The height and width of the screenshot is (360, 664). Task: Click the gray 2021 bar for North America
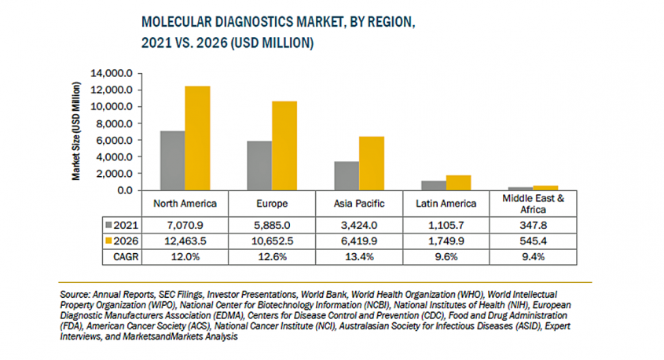173,160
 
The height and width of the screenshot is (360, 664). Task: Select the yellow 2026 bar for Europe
284,145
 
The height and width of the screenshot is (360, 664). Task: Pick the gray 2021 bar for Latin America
434,186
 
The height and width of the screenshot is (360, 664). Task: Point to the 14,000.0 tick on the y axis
116,74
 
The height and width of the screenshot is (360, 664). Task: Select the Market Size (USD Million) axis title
77,130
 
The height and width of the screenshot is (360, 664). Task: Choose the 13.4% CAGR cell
360,255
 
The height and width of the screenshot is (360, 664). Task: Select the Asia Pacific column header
360,204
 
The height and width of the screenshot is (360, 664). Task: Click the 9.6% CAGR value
446,255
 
